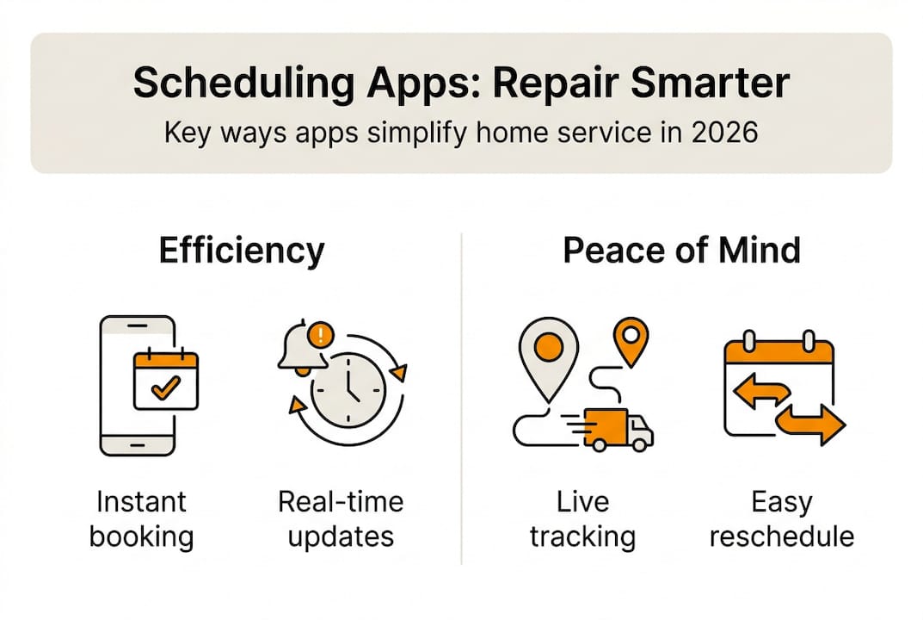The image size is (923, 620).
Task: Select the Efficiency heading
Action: pyautogui.click(x=242, y=251)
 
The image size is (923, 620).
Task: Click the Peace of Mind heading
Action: pyautogui.click(x=681, y=251)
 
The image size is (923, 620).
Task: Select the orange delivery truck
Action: pyautogui.click(x=617, y=427)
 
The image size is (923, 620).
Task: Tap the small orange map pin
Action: pyautogui.click(x=634, y=338)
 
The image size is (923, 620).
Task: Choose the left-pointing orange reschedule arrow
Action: pyautogui.click(x=758, y=393)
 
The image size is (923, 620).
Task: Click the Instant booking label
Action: pyautogui.click(x=141, y=519)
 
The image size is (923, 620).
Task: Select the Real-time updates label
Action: pyautogui.click(x=341, y=519)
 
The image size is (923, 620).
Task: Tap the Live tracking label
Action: pyautogui.click(x=582, y=519)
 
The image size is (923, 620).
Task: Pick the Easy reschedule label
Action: pyautogui.click(x=782, y=519)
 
